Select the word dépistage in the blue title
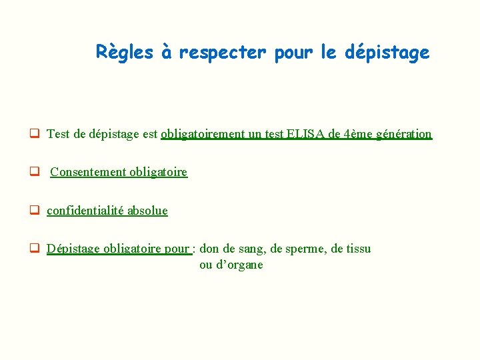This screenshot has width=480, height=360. (x=387, y=52)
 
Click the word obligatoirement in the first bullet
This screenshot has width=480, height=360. (x=203, y=134)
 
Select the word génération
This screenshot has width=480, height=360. (x=404, y=134)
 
